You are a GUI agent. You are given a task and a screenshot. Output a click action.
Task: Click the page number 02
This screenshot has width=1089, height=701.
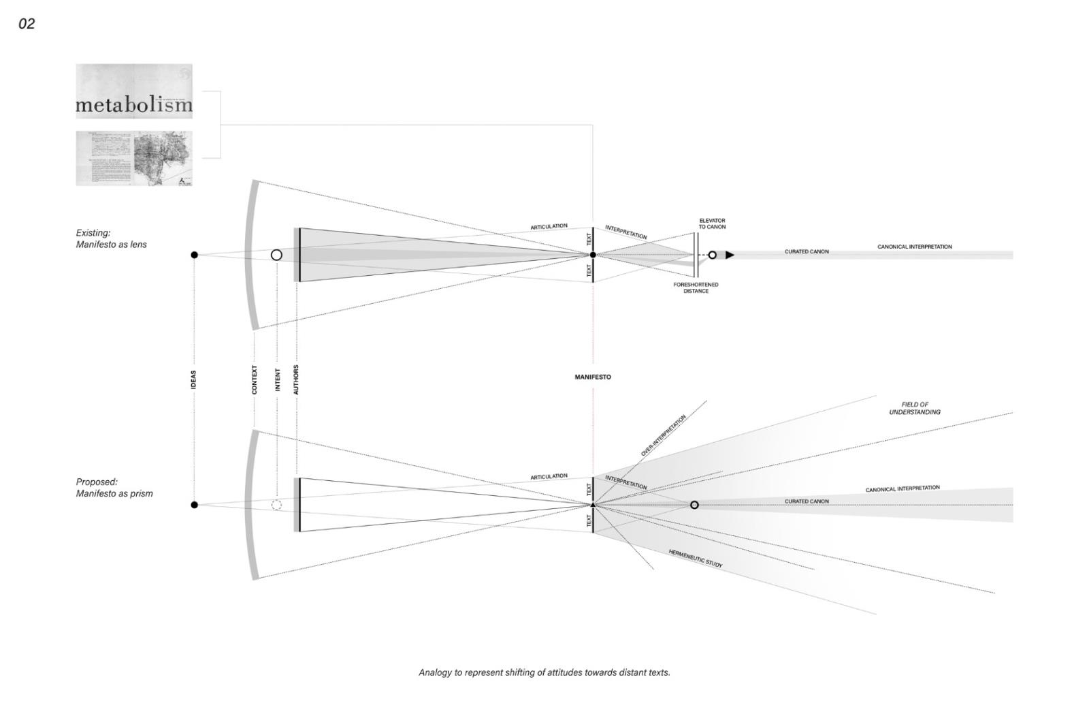point(27,24)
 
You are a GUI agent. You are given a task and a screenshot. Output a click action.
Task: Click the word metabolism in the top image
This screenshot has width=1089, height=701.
point(134,105)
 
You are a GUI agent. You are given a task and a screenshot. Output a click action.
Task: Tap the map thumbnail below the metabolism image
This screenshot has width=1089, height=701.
point(134,158)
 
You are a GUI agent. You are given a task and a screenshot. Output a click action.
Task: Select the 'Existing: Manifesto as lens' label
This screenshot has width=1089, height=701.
point(111,238)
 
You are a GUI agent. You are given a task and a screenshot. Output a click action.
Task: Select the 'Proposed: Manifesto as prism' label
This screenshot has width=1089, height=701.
point(114,488)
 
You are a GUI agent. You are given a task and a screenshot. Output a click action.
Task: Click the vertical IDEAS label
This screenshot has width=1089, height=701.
point(194,380)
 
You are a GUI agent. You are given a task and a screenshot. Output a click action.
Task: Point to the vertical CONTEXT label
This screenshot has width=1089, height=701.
point(255,380)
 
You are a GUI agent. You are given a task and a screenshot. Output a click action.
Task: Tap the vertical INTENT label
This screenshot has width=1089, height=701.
point(277,380)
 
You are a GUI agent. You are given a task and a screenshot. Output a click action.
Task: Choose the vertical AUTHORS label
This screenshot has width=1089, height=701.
point(296,380)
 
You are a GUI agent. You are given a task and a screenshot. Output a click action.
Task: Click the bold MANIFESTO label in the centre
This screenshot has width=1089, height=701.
point(593,377)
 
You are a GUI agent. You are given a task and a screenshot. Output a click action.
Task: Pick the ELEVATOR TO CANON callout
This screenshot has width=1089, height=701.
point(712,223)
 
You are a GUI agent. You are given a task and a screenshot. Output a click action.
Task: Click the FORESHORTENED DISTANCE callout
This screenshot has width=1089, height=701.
point(696,287)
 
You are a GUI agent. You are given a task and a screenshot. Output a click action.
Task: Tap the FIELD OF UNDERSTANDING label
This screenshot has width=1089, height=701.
point(914,408)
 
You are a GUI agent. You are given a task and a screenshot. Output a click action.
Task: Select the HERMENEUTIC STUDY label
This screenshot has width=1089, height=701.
point(695,559)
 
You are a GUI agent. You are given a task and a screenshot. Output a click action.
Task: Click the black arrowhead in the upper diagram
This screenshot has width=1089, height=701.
point(730,255)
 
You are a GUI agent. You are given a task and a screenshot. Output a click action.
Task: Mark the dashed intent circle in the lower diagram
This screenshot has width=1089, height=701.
point(276,505)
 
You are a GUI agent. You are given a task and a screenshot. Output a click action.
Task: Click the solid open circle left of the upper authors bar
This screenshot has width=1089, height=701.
point(276,255)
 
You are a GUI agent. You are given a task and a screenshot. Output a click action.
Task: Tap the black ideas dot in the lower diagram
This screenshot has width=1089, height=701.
point(195,505)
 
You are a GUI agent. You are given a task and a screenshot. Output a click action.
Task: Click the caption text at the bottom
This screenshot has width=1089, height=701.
point(544,672)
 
